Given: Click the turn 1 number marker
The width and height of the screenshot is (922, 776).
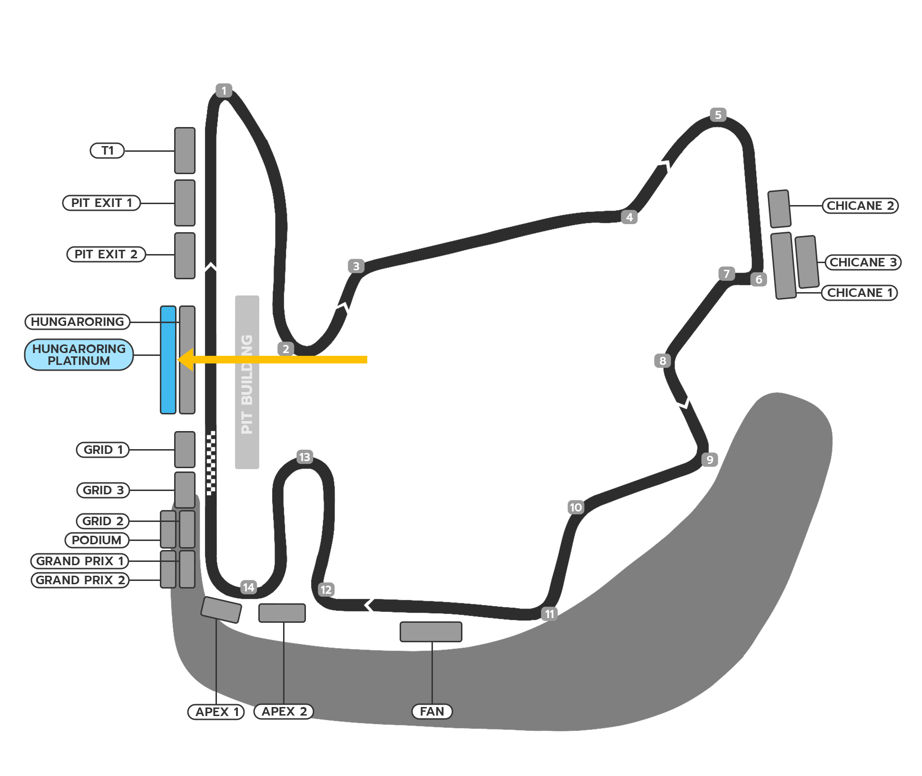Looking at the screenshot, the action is pyautogui.click(x=224, y=90).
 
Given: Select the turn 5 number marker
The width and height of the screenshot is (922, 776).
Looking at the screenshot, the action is pyautogui.click(x=718, y=115).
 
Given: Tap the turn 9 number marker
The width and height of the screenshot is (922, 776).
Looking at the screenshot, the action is pyautogui.click(x=710, y=460).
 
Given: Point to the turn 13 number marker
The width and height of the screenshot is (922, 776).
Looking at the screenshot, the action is pyautogui.click(x=304, y=457).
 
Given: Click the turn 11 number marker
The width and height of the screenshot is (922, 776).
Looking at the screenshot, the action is pyautogui.click(x=549, y=614).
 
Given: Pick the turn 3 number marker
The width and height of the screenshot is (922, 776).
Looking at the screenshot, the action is pyautogui.click(x=356, y=266).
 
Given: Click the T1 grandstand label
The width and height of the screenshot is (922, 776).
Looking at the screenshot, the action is pyautogui.click(x=107, y=151).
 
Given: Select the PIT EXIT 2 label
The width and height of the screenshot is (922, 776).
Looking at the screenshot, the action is pyautogui.click(x=106, y=254).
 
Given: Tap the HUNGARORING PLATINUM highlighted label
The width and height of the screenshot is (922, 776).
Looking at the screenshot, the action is pyautogui.click(x=79, y=354).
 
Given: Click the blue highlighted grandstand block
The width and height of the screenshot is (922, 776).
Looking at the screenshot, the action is pyautogui.click(x=168, y=360).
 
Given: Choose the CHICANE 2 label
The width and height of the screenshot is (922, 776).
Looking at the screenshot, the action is pyautogui.click(x=860, y=206).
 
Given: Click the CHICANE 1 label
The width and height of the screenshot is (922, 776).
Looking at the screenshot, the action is pyautogui.click(x=860, y=293).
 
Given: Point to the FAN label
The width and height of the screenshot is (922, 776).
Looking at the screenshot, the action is pyautogui.click(x=432, y=711).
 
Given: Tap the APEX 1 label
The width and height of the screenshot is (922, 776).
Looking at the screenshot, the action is pyautogui.click(x=216, y=712).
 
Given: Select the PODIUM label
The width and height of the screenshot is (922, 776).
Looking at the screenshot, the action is pyautogui.click(x=97, y=540).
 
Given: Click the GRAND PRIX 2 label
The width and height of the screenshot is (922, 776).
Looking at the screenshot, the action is pyautogui.click(x=80, y=580).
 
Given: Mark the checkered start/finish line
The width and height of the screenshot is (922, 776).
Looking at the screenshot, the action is pyautogui.click(x=211, y=463).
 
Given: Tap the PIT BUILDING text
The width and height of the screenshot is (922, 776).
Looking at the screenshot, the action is pyautogui.click(x=247, y=384).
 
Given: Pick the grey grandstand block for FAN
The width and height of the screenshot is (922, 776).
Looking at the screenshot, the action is pyautogui.click(x=431, y=632).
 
